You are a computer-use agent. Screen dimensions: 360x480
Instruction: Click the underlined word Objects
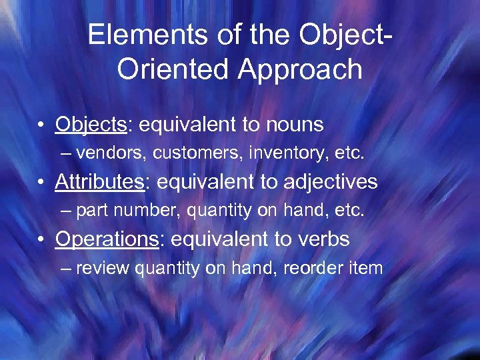coord(83,125)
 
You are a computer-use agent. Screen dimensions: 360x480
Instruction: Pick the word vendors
coord(111,153)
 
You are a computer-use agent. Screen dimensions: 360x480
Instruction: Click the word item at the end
coord(369,269)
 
